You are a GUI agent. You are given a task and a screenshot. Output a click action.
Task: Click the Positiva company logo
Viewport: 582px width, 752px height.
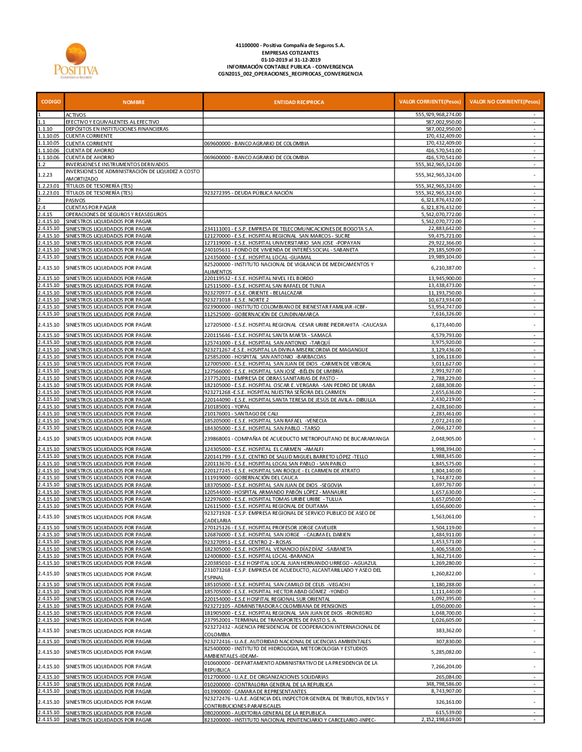point(76,60)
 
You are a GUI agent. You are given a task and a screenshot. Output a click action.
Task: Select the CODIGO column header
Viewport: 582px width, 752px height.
point(51,102)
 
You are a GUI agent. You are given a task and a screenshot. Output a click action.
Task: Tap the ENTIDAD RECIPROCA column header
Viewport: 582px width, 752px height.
point(299,102)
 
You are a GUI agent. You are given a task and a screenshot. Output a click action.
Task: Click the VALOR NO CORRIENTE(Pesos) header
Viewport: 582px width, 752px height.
point(504,102)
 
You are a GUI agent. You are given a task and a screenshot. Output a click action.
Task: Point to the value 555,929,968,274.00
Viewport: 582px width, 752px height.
point(438,115)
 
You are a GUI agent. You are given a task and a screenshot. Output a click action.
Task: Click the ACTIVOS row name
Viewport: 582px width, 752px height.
point(76,115)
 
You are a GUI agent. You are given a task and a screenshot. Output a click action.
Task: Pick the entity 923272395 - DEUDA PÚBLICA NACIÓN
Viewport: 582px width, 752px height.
point(249,193)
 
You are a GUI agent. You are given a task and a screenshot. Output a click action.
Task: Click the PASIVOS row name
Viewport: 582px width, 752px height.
point(76,200)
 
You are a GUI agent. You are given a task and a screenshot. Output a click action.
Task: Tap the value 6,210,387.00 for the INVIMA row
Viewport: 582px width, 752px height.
point(446,268)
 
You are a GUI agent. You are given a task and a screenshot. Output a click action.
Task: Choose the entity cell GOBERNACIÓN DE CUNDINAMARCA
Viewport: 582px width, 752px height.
point(261,314)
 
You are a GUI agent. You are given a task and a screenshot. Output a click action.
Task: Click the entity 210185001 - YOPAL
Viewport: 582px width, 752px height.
point(227,407)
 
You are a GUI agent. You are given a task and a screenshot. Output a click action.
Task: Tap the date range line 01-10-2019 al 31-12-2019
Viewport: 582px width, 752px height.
point(290,60)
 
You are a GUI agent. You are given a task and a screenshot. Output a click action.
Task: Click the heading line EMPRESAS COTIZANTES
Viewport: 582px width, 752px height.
point(290,53)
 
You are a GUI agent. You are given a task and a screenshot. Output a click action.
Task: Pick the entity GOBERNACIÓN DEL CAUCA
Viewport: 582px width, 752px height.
point(251,478)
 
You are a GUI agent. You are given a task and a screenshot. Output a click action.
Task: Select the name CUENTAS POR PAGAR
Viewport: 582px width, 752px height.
point(91,207)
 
